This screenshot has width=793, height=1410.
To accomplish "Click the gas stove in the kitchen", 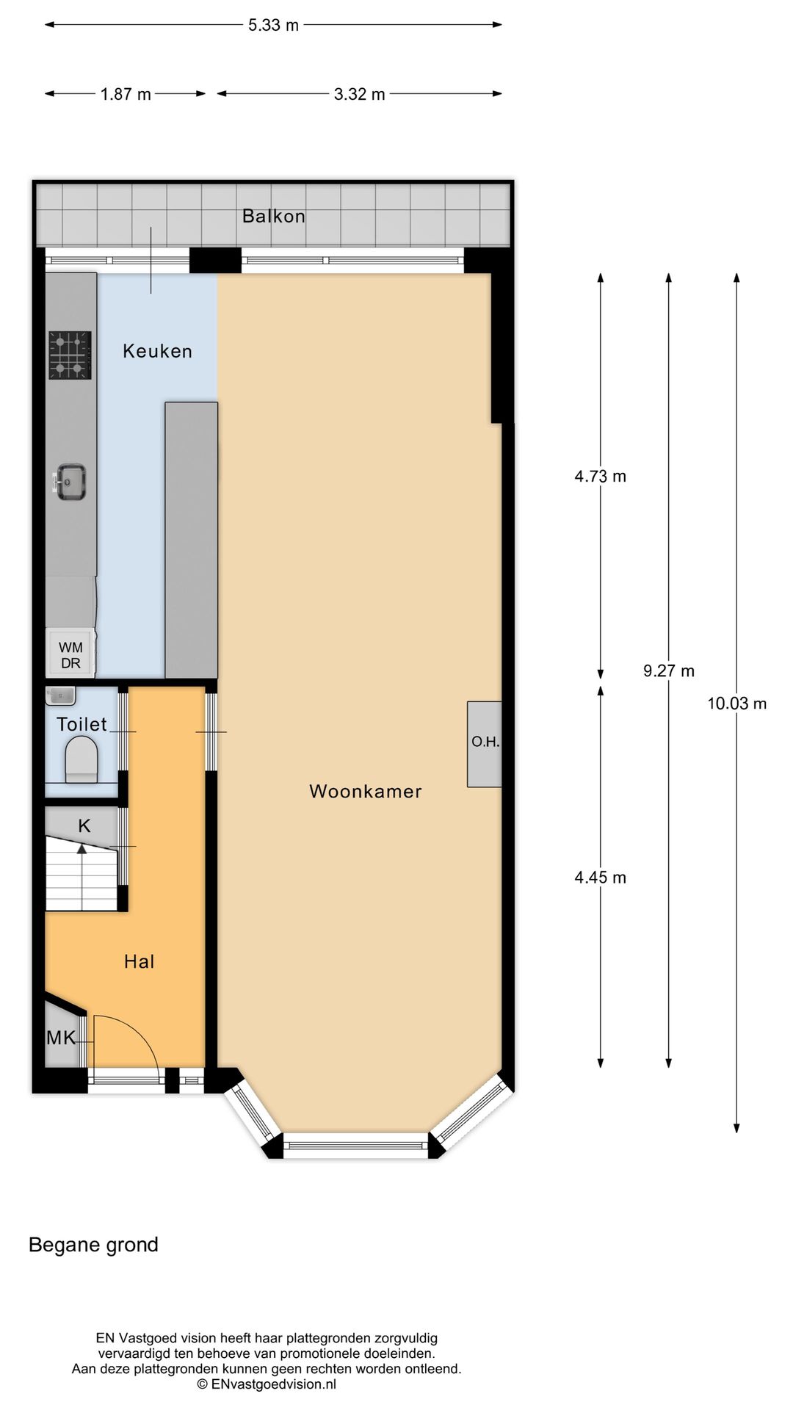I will click(70, 355).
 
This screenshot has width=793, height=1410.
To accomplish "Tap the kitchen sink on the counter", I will click(70, 482).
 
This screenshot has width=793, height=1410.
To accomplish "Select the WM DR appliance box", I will click(70, 654).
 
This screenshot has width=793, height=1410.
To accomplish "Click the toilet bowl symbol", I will click(82, 759).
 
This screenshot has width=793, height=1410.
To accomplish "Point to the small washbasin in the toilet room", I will click(60, 695).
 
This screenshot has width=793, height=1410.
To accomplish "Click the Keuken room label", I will click(157, 351).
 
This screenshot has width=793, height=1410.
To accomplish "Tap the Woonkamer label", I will click(365, 791).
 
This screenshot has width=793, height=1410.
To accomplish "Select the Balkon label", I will click(273, 216).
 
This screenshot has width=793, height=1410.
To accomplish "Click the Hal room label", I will click(139, 961).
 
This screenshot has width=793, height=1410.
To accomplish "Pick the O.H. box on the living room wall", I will click(485, 742).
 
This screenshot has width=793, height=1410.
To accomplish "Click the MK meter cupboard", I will click(61, 1038).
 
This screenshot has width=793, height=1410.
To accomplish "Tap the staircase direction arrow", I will click(82, 849).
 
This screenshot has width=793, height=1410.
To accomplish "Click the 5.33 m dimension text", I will click(273, 25).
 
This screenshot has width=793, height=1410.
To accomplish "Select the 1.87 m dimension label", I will click(126, 94).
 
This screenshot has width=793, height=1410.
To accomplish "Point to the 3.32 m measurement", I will click(359, 94).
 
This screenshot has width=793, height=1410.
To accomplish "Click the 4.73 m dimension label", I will click(600, 476).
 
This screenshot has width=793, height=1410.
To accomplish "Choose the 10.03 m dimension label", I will click(736, 704).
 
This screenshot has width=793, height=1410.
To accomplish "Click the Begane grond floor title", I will click(93, 1245).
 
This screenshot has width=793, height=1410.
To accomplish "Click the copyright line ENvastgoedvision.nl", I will click(267, 1384).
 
